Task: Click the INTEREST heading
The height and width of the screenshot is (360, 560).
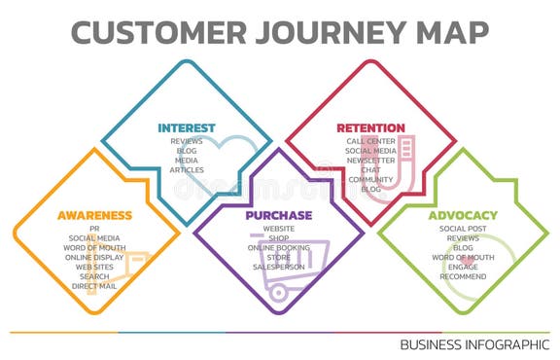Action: pos(187,127)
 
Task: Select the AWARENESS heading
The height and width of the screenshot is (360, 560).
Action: pos(94,214)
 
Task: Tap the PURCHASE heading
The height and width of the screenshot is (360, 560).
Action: pos(279,214)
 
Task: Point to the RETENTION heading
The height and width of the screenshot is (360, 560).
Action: pos(370,127)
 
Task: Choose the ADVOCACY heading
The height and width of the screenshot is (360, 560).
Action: pos(463,214)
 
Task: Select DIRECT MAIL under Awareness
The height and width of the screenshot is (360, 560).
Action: pos(94,287)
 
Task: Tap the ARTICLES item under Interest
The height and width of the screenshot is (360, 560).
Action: pos(187,170)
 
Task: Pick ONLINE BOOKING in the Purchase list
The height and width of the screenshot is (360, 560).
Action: pos(279,248)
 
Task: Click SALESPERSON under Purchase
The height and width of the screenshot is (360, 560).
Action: pos(279,268)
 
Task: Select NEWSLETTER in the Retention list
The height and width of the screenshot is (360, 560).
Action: pos(370,161)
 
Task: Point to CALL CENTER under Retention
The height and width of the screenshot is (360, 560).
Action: pos(370,141)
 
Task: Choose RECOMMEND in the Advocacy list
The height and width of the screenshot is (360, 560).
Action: pos(463,277)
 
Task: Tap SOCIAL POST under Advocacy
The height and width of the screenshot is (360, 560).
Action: pos(463,229)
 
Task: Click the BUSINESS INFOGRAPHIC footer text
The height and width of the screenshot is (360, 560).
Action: pos(474,344)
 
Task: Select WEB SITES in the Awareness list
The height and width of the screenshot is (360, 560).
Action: pos(94,268)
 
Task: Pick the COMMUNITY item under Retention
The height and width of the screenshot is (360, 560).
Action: pos(370,180)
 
